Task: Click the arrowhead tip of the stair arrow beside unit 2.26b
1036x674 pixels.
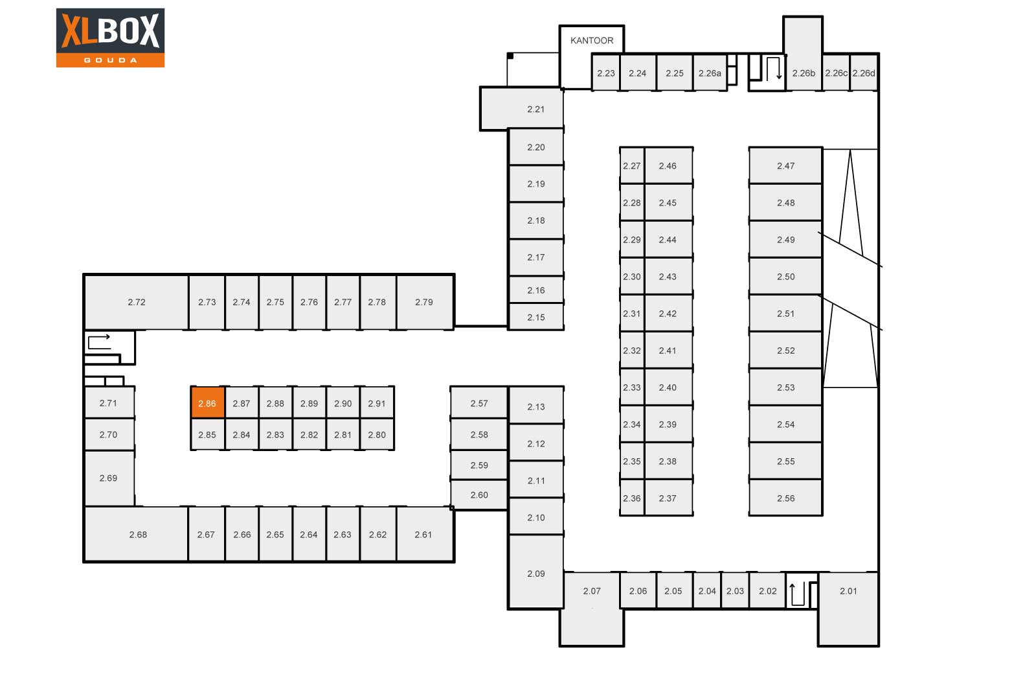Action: pyautogui.click(x=779, y=78)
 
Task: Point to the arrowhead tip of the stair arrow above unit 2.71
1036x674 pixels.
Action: pyautogui.click(x=110, y=336)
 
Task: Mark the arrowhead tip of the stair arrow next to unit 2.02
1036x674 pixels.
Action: pyautogui.click(x=793, y=584)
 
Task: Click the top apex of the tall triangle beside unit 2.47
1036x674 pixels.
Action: pyautogui.click(x=850, y=150)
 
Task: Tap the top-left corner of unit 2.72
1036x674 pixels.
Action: pyautogui.click(x=84, y=275)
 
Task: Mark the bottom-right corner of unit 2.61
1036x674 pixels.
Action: pyautogui.click(x=454, y=561)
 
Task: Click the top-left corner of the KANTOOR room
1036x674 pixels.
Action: pyautogui.click(x=559, y=26)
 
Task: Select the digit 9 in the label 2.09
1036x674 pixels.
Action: pyautogui.click(x=543, y=574)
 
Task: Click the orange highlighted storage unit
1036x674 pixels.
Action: pyautogui.click(x=208, y=402)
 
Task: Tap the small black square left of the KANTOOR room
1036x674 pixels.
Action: pyautogui.click(x=510, y=56)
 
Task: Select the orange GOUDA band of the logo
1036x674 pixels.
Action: pyautogui.click(x=111, y=60)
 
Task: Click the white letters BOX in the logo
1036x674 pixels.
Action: pyautogui.click(x=129, y=30)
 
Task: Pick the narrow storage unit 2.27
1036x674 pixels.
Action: pyautogui.click(x=632, y=166)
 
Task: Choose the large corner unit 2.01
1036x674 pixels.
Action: pyautogui.click(x=848, y=609)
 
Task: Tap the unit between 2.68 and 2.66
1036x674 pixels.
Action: pyautogui.click(x=207, y=534)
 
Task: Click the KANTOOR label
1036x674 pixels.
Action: pyautogui.click(x=592, y=41)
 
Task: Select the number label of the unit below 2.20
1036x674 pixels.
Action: pyautogui.click(x=536, y=184)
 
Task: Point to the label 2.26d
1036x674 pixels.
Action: pyautogui.click(x=864, y=73)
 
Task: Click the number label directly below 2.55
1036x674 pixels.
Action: pyautogui.click(x=786, y=498)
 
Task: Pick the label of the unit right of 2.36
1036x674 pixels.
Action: pyautogui.click(x=668, y=498)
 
